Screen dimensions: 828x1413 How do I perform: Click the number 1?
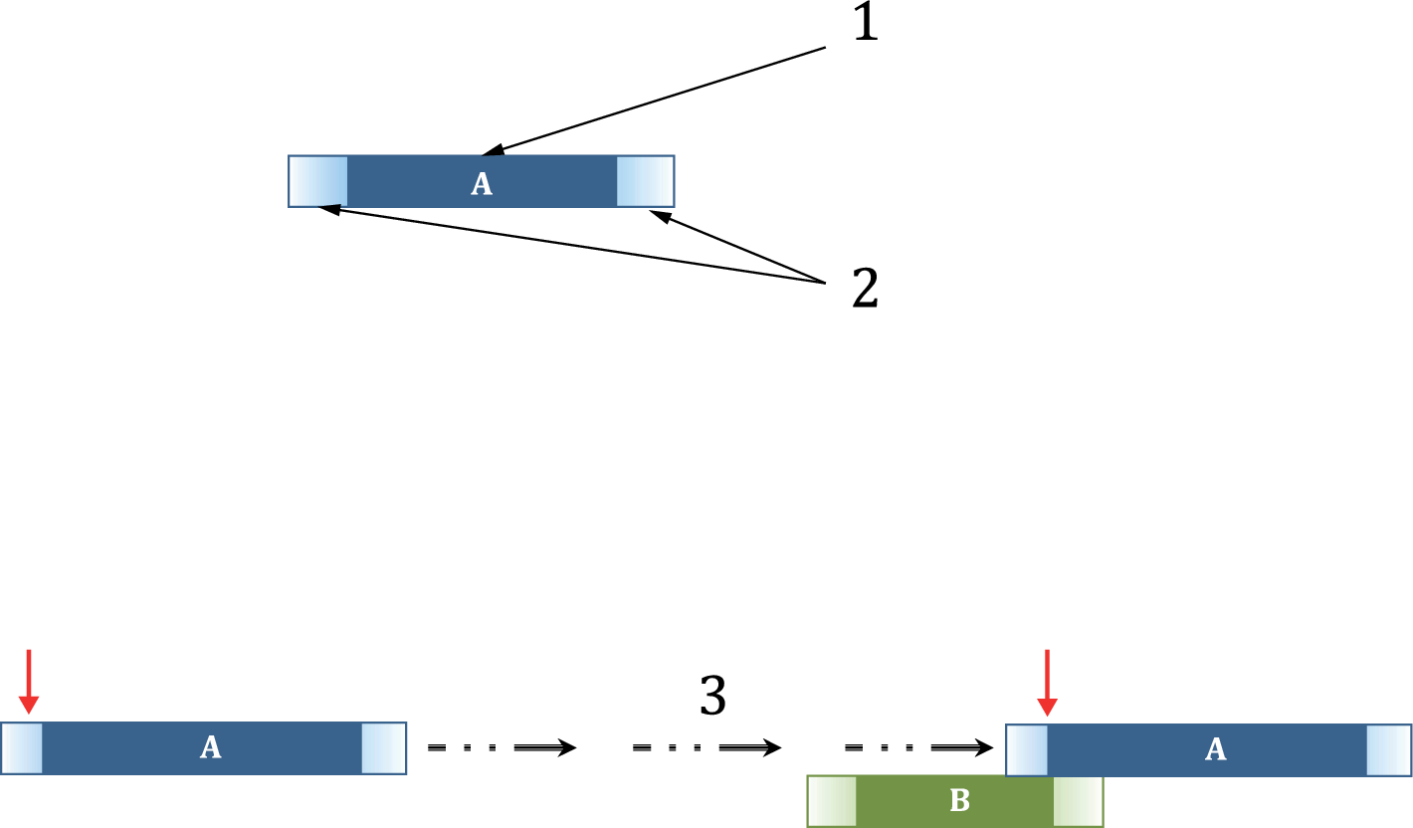(866, 24)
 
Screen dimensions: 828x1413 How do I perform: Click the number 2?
(865, 289)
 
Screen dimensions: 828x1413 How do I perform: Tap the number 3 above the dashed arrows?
(712, 698)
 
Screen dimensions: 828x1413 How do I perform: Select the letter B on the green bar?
(959, 802)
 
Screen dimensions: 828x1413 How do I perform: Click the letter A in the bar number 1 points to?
(482, 183)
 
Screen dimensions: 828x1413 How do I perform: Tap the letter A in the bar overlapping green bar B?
(1215, 749)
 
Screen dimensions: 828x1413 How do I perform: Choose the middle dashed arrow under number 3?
(706, 747)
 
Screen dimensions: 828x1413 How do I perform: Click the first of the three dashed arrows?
(502, 747)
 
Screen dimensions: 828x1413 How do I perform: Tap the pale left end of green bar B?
(832, 801)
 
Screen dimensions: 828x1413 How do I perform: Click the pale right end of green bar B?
(1078, 801)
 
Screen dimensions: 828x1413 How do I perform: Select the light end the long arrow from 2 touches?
(318, 181)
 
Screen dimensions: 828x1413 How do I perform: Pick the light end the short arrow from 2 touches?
(645, 181)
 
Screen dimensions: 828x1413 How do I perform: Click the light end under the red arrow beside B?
(1028, 749)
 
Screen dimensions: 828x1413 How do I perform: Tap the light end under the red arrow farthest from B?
(22, 748)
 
